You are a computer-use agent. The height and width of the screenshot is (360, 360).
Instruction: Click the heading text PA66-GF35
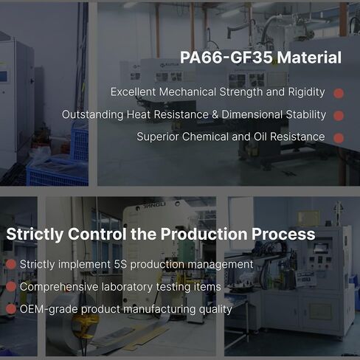(226, 58)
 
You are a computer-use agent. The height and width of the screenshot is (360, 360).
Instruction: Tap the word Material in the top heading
(309, 58)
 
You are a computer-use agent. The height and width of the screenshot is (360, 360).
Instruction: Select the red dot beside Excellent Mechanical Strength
(339, 93)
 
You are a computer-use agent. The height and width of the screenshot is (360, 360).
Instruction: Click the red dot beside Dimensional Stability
(339, 116)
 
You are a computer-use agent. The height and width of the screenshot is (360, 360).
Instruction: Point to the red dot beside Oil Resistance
(339, 138)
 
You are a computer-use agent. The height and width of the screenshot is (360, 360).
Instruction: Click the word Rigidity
(306, 92)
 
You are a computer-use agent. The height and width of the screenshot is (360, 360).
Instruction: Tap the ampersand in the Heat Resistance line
(215, 114)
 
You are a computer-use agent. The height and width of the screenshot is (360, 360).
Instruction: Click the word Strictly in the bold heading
(35, 234)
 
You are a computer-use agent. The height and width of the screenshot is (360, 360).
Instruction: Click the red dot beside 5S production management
(11, 264)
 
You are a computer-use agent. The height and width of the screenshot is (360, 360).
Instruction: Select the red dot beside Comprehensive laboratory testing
(11, 287)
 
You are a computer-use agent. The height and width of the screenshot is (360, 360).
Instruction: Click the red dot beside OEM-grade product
(11, 309)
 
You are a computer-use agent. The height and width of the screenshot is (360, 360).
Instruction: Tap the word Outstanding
(93, 115)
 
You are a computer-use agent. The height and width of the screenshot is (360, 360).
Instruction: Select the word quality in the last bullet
(215, 310)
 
